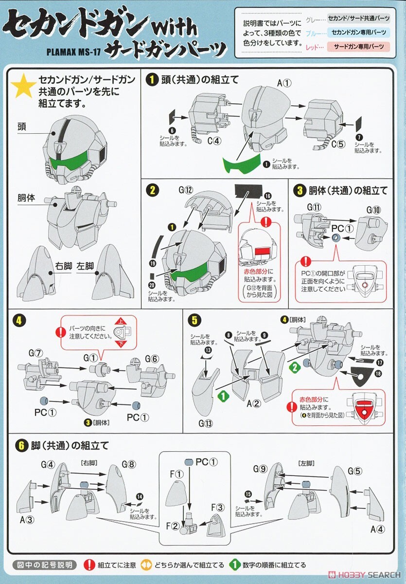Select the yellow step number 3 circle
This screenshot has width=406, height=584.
pos(299,190)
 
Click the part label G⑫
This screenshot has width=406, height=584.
pos(189,189)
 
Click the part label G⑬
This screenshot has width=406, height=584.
pos(205,423)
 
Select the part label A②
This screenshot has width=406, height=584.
pos(254,403)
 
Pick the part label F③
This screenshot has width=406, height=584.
pos(217,507)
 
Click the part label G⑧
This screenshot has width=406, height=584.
pos(129,463)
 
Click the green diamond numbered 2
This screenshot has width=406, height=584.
pos(293,368)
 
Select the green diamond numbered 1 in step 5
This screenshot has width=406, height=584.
pos(222,397)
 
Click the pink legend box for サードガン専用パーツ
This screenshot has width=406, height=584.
pos(358,47)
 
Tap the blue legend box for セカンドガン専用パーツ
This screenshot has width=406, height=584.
pos(358,33)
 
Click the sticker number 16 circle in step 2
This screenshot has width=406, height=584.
pos(268,196)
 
